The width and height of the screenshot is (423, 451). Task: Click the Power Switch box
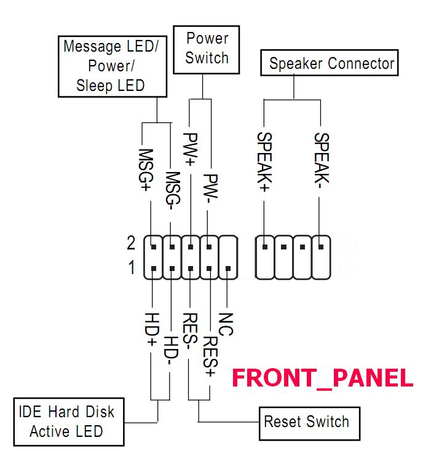(207, 49)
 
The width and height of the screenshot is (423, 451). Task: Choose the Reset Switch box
(306, 422)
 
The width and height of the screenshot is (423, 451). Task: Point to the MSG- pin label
(172, 185)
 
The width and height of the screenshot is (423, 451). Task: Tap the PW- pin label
(210, 188)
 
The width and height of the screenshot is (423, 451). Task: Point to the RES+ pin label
(210, 356)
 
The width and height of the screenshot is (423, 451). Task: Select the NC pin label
(226, 324)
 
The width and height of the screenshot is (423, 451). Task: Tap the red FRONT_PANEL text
(322, 377)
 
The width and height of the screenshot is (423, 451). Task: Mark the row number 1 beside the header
(132, 269)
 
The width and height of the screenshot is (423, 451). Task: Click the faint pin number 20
(347, 245)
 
